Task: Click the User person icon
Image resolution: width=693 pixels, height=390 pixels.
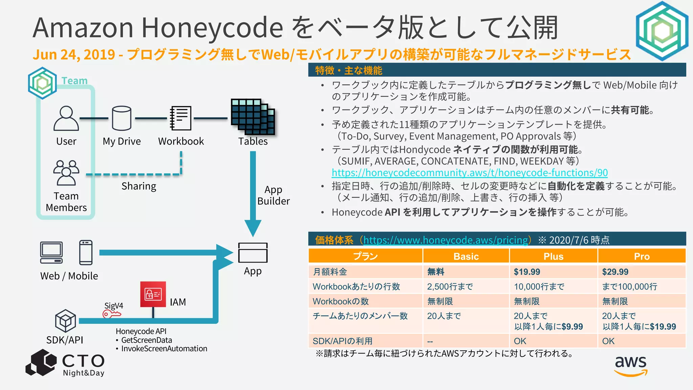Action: pyautogui.click(x=66, y=118)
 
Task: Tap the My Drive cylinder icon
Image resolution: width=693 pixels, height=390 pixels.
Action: pyautogui.click(x=121, y=118)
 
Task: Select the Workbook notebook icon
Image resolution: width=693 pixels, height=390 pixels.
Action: pyautogui.click(x=181, y=118)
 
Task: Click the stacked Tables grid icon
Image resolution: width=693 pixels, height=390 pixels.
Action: pyautogui.click(x=252, y=117)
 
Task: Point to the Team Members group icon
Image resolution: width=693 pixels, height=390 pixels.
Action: pyautogui.click(x=66, y=173)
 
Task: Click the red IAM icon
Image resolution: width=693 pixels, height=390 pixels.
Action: pyautogui.click(x=153, y=294)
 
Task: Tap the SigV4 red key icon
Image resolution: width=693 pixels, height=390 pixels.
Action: pyautogui.click(x=112, y=315)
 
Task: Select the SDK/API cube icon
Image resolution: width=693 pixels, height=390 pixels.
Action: pyautogui.click(x=65, y=321)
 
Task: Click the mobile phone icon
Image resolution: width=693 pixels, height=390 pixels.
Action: pyautogui.click(x=86, y=253)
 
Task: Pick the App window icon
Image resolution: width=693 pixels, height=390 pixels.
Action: pyautogui.click(x=253, y=253)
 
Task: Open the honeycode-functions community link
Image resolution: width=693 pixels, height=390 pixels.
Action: pyautogui.click(x=469, y=173)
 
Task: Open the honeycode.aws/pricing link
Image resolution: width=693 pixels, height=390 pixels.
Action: pyautogui.click(x=445, y=240)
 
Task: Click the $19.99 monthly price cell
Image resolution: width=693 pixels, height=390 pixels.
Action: pyautogui.click(x=527, y=272)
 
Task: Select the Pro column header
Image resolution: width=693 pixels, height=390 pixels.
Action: pyautogui.click(x=642, y=256)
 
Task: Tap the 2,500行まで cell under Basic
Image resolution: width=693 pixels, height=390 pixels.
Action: pyautogui.click(x=450, y=287)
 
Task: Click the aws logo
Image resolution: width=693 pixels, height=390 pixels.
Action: pyautogui.click(x=631, y=366)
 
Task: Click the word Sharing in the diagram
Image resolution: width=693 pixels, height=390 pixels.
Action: pyautogui.click(x=139, y=186)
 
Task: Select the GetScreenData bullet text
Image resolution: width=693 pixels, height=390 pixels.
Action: pyautogui.click(x=147, y=340)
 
